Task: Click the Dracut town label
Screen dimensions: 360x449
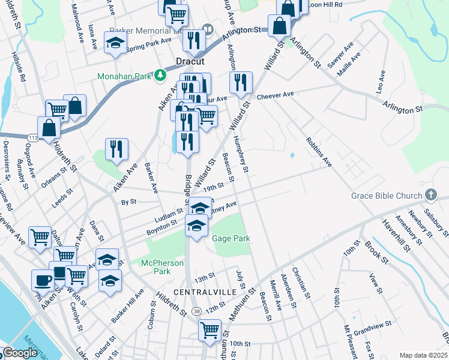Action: pyautogui.click(x=190, y=61)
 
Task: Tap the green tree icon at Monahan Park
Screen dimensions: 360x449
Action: pyautogui.click(x=160, y=75)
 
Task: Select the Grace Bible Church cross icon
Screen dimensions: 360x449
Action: pyautogui.click(x=430, y=194)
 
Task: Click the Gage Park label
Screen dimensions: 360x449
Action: pyautogui.click(x=231, y=239)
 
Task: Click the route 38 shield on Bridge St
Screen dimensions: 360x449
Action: pyautogui.click(x=197, y=310)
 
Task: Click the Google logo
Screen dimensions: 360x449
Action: pyautogui.click(x=20, y=353)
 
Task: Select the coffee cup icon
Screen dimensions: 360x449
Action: pyautogui.click(x=42, y=279)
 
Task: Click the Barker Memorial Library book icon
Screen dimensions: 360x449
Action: pyautogui.click(x=208, y=28)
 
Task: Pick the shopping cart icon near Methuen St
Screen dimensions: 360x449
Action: pyautogui.click(x=209, y=329)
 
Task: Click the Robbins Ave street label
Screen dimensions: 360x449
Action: pyautogui.click(x=318, y=153)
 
